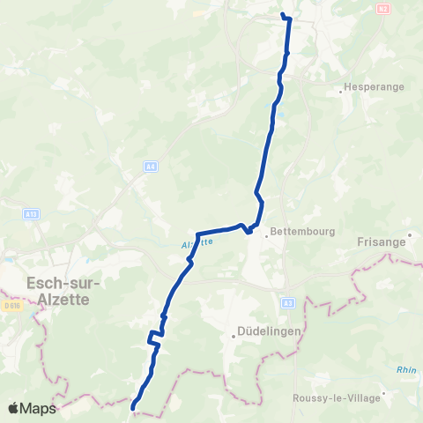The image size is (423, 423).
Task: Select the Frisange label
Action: coord(381,240)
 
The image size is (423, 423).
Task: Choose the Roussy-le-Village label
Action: coord(338,397)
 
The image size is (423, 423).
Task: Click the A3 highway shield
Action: coord(287,303)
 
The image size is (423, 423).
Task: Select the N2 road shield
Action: coord(382,8)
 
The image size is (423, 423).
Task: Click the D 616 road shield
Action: coord(11,306)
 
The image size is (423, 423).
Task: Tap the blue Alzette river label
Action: coord(197,241)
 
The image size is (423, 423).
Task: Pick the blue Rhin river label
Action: coord(404,370)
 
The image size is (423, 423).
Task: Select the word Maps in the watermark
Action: coord(39,408)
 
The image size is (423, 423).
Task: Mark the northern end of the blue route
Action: coord(283,15)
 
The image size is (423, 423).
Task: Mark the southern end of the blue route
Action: coord(133,407)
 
